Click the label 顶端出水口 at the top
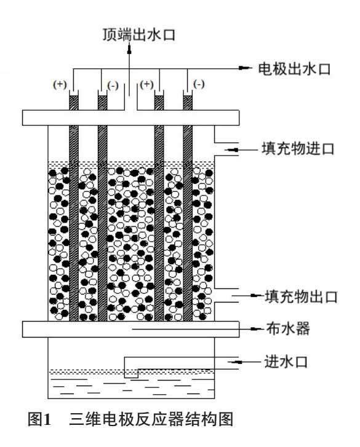click(138, 35)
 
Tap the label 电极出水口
click(294, 69)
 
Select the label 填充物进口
click(298, 149)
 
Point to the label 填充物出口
click(302, 296)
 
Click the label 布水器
click(288, 328)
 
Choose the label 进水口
click(286, 362)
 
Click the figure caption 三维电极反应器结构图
click(151, 419)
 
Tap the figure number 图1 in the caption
click(39, 419)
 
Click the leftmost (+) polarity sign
click(60, 84)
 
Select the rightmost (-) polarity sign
click(199, 84)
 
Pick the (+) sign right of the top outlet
click(146, 84)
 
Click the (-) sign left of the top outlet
click(113, 85)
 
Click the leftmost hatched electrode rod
click(74, 208)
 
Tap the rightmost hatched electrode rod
click(188, 208)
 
